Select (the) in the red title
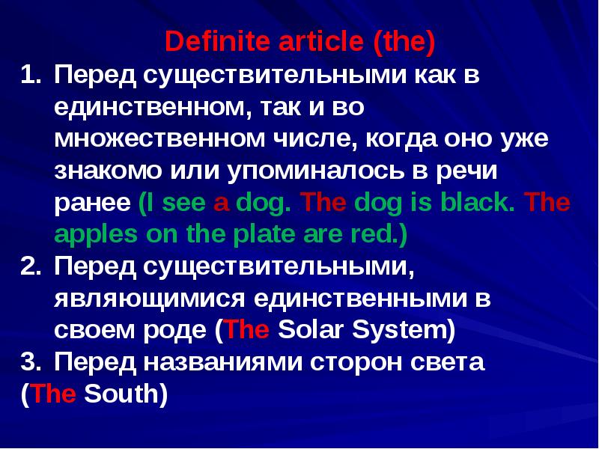(404, 42)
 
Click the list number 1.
(29, 76)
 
